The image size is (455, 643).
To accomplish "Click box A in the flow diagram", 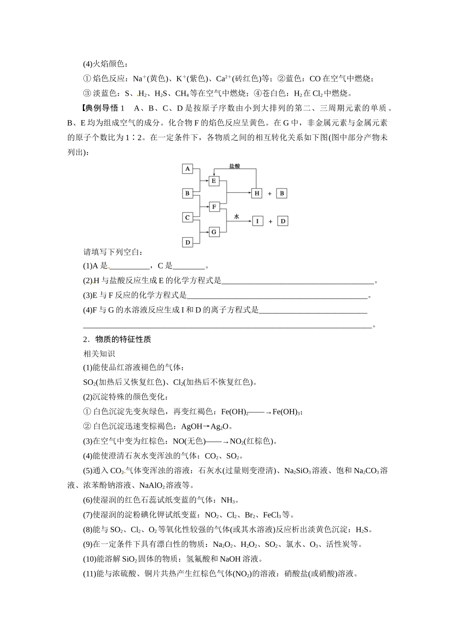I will coord(188,168).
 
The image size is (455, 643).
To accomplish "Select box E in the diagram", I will coord(214,181).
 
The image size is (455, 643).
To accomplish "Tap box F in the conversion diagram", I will coord(214,207).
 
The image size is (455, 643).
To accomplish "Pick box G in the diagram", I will coord(214,232).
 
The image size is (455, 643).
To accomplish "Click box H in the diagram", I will coord(257,193).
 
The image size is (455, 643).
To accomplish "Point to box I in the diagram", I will coord(257,221).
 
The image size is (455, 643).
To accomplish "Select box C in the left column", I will coord(188,218).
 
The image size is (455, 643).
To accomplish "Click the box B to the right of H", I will coord(282,193).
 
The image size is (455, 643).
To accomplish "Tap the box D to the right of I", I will coord(283,221).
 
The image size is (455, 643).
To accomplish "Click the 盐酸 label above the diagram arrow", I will coord(234,166).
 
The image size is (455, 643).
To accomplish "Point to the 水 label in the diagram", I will coord(236,216).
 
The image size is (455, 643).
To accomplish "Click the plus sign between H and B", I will coord(270,194).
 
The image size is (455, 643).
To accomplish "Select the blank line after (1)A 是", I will coord(129,266).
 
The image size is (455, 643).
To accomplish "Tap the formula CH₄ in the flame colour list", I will coord(182,93).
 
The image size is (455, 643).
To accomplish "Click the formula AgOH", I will coord(192,426).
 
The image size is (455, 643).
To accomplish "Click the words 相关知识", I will coord(99,354).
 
